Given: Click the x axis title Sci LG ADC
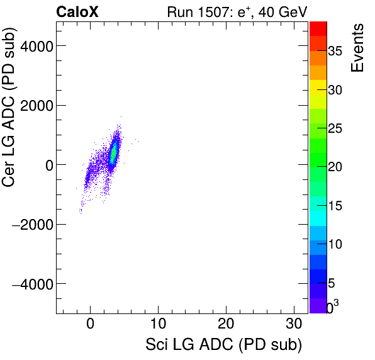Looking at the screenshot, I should point(223,346).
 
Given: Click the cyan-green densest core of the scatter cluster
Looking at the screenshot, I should point(114,152).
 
